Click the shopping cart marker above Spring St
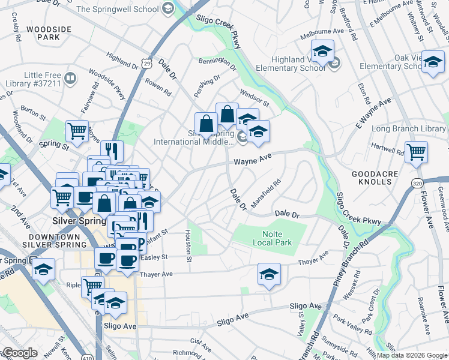77,130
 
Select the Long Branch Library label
409,129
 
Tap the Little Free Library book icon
70,79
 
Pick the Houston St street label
188,246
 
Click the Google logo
19,353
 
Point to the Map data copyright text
412,355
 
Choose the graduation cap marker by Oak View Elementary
432,62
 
